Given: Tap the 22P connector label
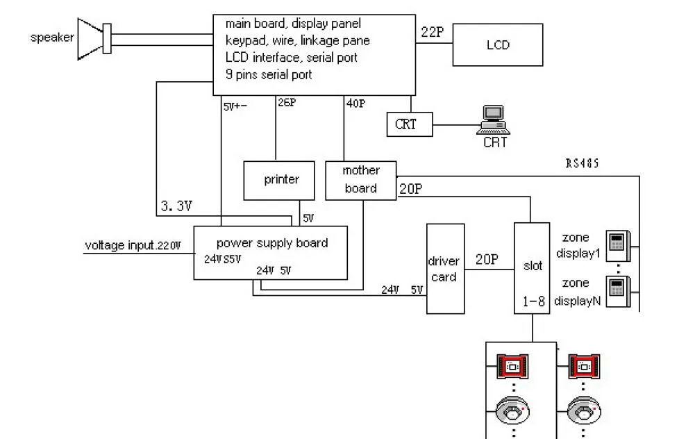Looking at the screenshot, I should point(432,32).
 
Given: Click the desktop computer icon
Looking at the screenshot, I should point(494,119).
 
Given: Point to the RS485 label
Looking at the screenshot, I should point(582,164).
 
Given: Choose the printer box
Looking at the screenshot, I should point(281,180).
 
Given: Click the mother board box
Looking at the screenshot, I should point(361,180).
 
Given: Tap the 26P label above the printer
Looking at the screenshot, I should point(287,103).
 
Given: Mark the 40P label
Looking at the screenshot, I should point(355,103).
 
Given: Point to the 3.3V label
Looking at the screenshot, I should point(176,206).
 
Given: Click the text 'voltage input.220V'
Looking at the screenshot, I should point(133,245).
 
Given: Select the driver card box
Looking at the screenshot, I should point(444,269).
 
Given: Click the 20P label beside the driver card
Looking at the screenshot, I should point(487,259).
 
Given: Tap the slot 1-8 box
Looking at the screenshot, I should point(532,267).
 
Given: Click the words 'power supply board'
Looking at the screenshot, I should point(272,243).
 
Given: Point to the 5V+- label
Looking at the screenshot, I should point(235,107).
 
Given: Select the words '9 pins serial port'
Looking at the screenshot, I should point(269,74).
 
